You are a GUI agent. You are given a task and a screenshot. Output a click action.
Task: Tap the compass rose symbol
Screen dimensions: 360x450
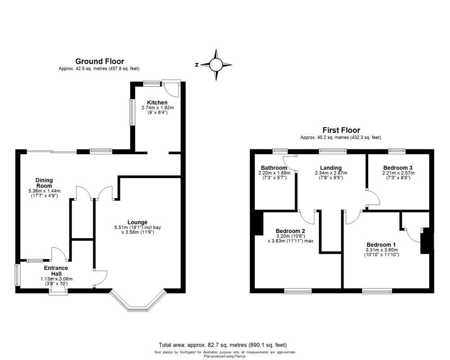[x=216, y=65]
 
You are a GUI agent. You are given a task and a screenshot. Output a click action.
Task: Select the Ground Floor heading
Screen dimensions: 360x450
[x=99, y=62]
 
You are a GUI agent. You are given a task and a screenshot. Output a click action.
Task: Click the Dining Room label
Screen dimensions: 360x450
[x=44, y=183]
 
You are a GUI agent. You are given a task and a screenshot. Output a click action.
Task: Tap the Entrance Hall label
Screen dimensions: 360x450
[x=56, y=270]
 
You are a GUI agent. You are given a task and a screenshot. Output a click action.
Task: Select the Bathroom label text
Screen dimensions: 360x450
[x=272, y=168]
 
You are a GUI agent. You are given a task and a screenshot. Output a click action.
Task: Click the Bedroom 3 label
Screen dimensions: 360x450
[x=397, y=168]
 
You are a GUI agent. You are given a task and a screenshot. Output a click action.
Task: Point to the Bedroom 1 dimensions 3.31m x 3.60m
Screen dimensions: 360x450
[x=382, y=250]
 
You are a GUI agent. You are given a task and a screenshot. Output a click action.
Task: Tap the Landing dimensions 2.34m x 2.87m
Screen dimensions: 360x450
[x=331, y=173]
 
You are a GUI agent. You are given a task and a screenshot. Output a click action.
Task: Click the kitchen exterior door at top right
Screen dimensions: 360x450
[x=174, y=88]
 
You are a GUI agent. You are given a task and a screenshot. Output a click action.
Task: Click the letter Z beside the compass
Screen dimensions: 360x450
[x=197, y=65]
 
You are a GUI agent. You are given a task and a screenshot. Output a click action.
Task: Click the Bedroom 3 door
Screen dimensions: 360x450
[x=373, y=198]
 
